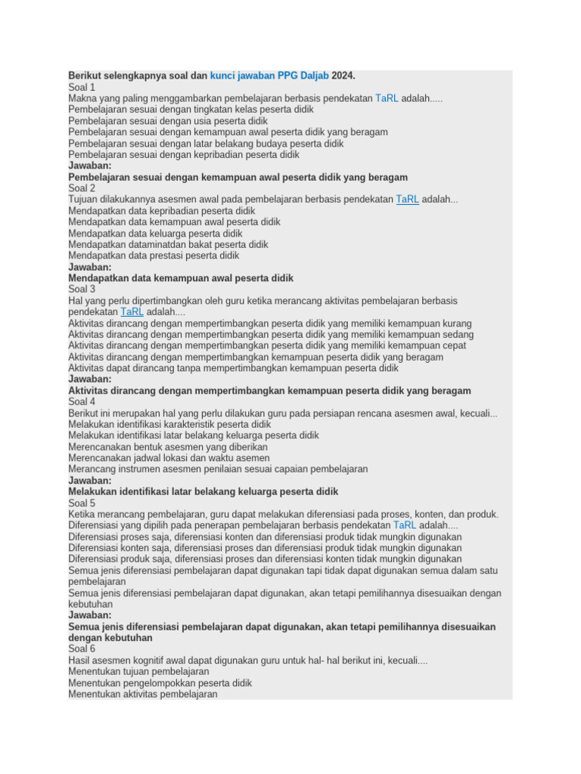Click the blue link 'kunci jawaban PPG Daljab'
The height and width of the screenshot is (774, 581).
point(269,76)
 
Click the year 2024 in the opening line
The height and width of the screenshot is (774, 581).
point(343,76)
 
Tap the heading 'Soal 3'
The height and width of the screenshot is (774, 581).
point(82,289)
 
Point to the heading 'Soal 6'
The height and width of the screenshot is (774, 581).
point(82,649)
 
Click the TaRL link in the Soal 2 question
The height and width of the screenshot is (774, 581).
point(407,200)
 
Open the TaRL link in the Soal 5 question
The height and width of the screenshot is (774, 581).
point(405,525)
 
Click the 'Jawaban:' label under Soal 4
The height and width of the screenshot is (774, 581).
point(89,480)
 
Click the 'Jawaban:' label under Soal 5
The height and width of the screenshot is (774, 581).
point(89,615)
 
